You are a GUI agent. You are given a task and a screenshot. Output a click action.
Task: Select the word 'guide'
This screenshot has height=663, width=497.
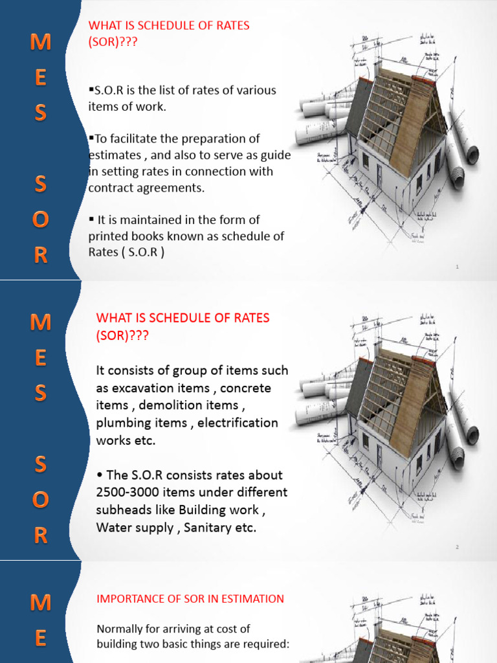276,155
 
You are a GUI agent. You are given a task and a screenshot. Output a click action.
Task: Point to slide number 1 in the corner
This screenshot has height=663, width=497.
457,267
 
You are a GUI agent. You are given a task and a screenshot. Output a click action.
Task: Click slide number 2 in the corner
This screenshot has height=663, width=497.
457,548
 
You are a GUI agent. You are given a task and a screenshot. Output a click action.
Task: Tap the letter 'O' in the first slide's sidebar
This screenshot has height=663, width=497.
40,221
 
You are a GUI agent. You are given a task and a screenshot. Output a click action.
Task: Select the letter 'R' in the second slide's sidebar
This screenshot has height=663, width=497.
40,535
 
